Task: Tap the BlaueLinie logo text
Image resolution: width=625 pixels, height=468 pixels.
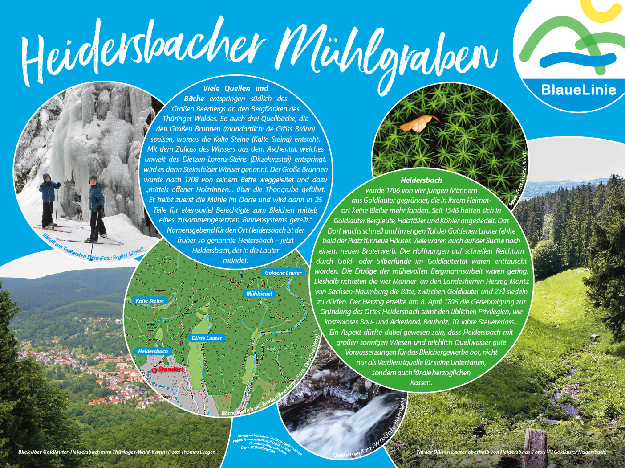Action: click(x=578, y=90)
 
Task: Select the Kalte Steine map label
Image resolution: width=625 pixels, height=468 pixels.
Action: click(x=150, y=301)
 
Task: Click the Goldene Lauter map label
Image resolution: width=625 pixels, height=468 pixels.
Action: click(x=283, y=272)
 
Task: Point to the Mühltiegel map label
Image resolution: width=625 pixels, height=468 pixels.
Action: click(x=259, y=294)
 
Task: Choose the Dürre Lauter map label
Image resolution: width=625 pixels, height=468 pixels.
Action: click(x=207, y=338)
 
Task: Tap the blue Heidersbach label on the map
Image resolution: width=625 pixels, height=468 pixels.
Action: click(x=153, y=351)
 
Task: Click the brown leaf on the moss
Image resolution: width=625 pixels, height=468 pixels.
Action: click(x=418, y=123)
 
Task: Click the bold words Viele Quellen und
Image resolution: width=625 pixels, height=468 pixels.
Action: click(x=235, y=88)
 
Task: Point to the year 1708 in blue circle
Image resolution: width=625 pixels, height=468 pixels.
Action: click(x=190, y=180)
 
